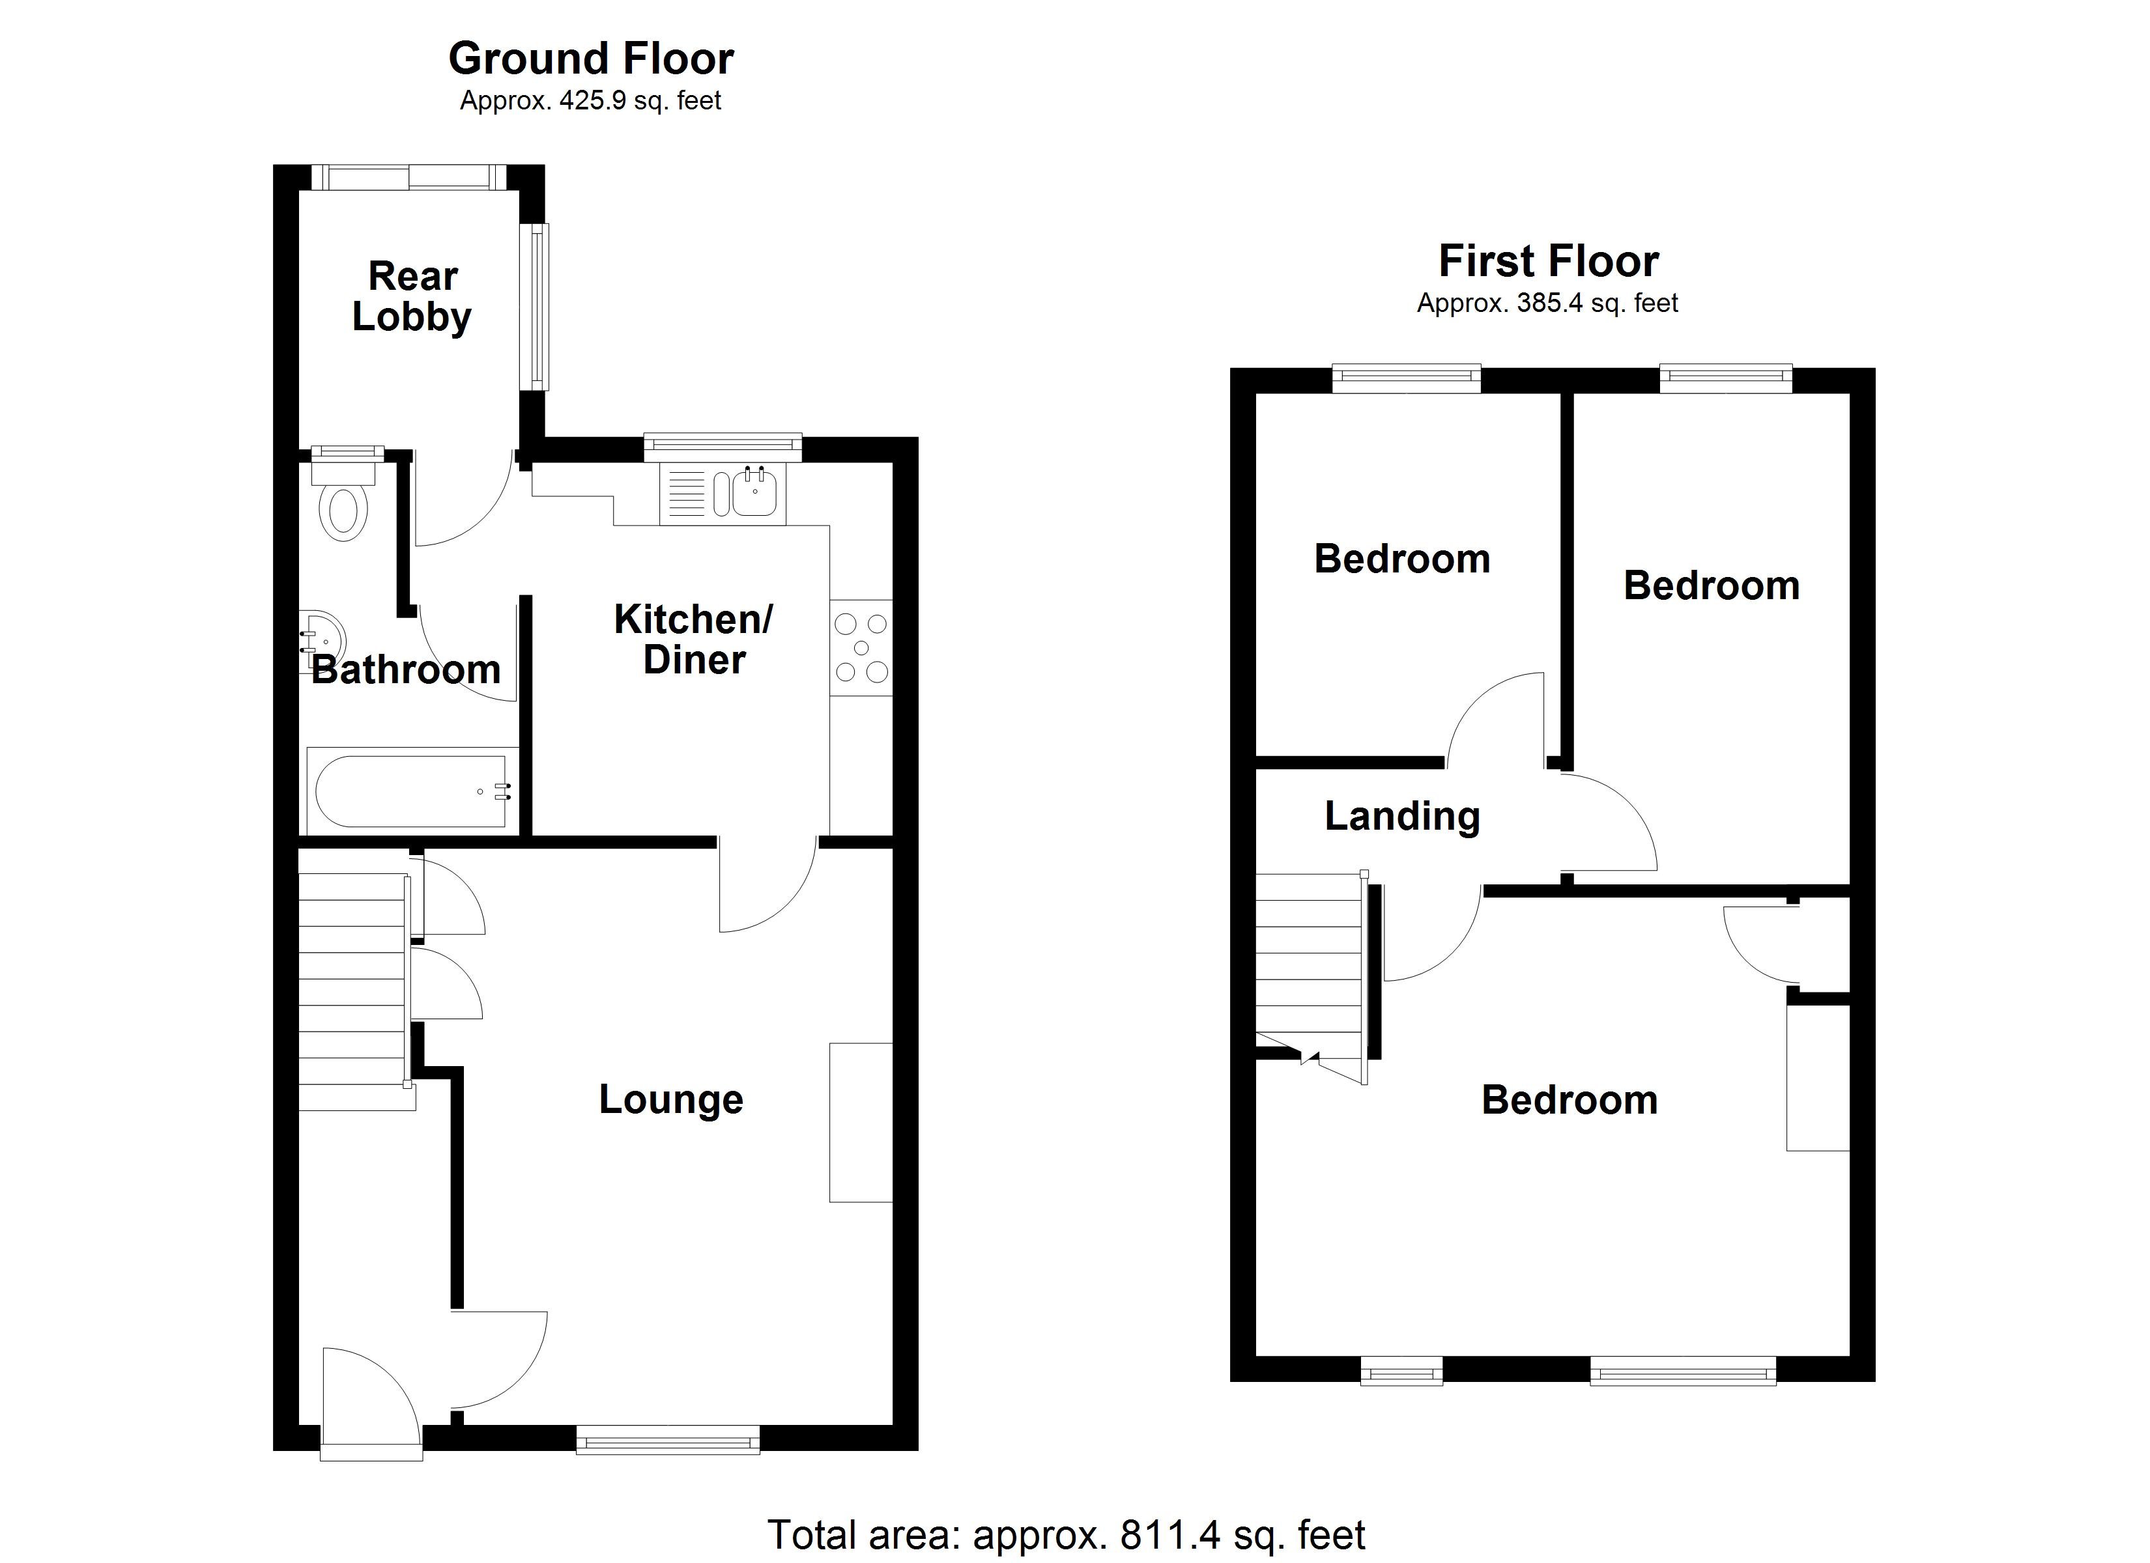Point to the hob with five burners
tap(861, 649)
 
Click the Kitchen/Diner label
tap(694, 640)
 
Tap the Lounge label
tap(671, 1099)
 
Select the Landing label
tap(1402, 816)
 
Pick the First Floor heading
tap(1548, 262)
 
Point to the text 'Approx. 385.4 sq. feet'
tap(1547, 303)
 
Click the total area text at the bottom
tap(1065, 1534)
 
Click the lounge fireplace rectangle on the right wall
tap(861, 1122)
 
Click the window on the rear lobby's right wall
tap(538, 306)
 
